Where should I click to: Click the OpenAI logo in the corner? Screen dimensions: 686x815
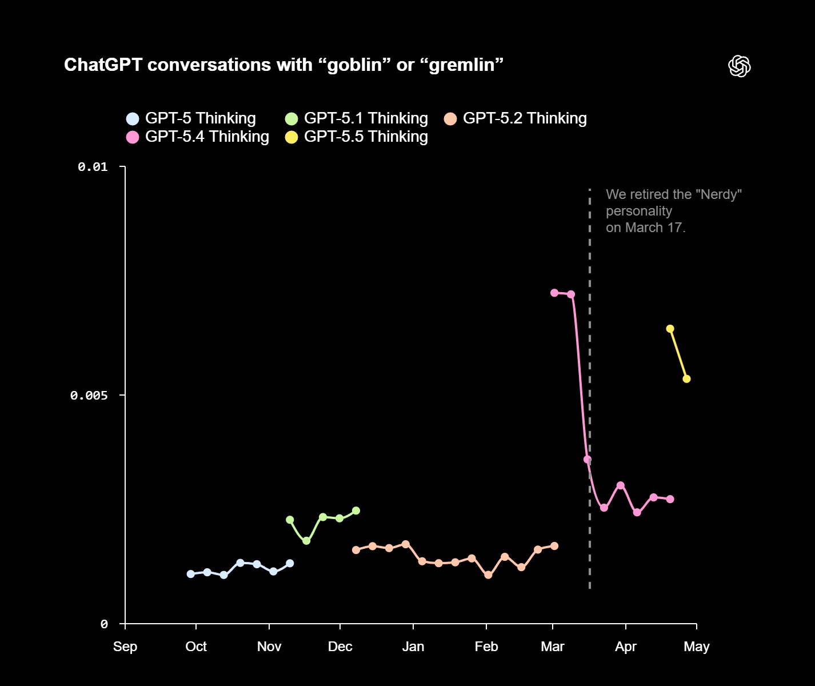pyautogui.click(x=739, y=66)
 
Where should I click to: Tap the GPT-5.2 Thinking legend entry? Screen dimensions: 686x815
pyautogui.click(x=515, y=118)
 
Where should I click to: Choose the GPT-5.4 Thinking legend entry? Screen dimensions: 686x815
pyautogui.click(x=197, y=137)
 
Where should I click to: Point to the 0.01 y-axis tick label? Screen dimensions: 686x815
pyautogui.click(x=93, y=166)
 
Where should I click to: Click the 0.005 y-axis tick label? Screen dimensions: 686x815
pyautogui.click(x=89, y=395)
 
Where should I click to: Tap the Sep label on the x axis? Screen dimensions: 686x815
pyautogui.click(x=125, y=647)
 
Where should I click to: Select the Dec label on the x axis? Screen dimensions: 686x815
pyautogui.click(x=340, y=647)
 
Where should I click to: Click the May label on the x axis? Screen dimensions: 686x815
pyautogui.click(x=697, y=647)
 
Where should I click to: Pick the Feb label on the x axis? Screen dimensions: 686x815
pyautogui.click(x=486, y=647)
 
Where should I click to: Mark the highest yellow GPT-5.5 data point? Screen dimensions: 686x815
pyautogui.click(x=670, y=329)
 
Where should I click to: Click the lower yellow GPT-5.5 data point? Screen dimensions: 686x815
pyautogui.click(x=687, y=379)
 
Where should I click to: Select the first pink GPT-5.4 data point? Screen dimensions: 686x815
pyautogui.click(x=554, y=293)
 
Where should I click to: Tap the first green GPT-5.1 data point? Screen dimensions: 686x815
pyautogui.click(x=290, y=520)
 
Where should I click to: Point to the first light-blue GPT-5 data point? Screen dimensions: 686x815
pyautogui.click(x=191, y=574)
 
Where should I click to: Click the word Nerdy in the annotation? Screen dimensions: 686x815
pyautogui.click(x=721, y=194)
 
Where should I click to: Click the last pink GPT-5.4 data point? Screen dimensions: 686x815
pyautogui.click(x=670, y=499)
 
